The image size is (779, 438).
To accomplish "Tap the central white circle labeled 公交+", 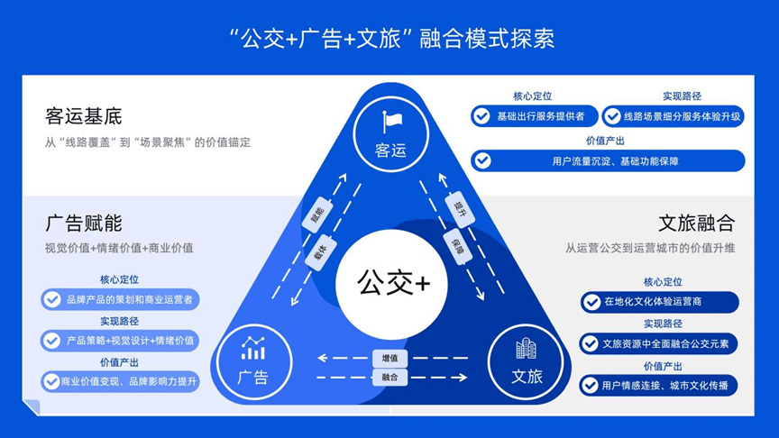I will point(393,283).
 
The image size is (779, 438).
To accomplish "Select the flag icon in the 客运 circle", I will point(392,122).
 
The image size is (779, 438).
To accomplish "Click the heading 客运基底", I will point(83,117).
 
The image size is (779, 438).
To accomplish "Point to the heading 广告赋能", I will point(83,224).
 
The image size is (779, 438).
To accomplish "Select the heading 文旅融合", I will point(696,224).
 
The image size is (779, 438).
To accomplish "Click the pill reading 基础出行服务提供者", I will point(532,116).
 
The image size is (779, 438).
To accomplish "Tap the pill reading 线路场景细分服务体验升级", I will point(673,116).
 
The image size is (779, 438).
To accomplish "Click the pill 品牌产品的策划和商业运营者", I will point(121,299).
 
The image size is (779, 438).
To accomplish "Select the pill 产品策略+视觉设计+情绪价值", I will point(121,341).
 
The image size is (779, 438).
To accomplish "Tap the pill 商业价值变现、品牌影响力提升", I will point(121,381).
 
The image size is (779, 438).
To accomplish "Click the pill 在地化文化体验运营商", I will point(659,302).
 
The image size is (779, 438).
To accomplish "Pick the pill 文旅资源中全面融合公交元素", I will point(659,343).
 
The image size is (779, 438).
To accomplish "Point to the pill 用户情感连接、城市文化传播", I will point(659,386).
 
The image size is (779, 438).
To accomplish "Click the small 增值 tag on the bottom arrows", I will point(389,358).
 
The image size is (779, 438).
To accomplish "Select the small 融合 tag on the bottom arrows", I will point(389,377).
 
